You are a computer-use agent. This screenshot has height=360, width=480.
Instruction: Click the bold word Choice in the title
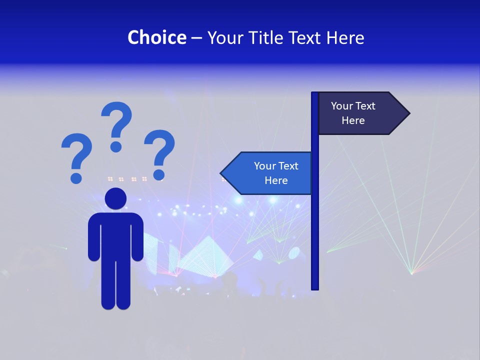point(156,37)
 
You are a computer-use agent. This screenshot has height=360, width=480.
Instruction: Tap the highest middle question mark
point(116,125)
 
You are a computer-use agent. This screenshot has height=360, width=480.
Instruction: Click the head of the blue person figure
point(115,198)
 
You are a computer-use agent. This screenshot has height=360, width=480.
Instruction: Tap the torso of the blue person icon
point(115,235)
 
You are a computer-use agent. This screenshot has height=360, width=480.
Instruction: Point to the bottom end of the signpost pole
point(315,287)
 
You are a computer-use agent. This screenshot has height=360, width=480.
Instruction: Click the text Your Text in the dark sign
point(353,106)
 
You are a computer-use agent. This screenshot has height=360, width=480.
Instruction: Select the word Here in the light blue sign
point(276,180)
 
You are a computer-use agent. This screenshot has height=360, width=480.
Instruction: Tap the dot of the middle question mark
point(116,146)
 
